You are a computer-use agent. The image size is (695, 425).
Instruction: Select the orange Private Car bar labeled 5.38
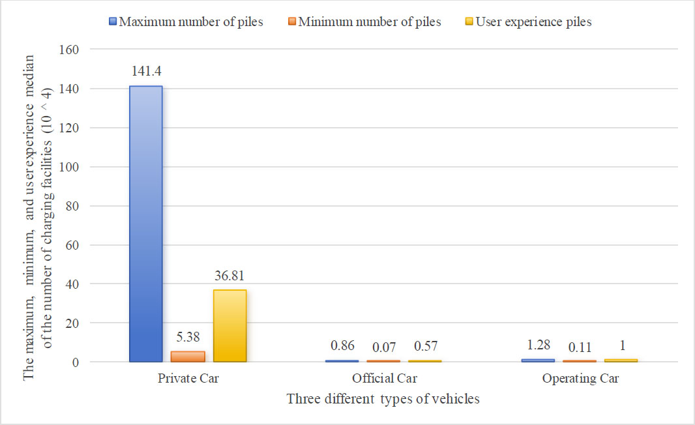(188, 357)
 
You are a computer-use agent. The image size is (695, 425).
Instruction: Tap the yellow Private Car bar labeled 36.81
(229, 325)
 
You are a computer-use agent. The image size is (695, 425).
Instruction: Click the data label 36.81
(229, 275)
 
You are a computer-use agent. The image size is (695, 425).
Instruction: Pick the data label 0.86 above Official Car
(342, 345)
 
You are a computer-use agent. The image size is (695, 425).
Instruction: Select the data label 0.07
(383, 345)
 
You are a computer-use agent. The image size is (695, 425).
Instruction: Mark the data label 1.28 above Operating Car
(538, 345)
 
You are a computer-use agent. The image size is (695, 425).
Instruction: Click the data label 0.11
(580, 345)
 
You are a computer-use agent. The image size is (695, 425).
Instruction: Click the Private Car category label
(188, 378)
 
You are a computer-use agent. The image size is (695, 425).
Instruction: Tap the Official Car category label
(384, 378)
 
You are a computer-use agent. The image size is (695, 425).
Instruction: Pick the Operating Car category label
(580, 378)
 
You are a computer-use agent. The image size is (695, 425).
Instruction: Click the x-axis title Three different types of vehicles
(383, 399)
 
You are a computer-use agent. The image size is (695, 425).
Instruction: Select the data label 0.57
(425, 345)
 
